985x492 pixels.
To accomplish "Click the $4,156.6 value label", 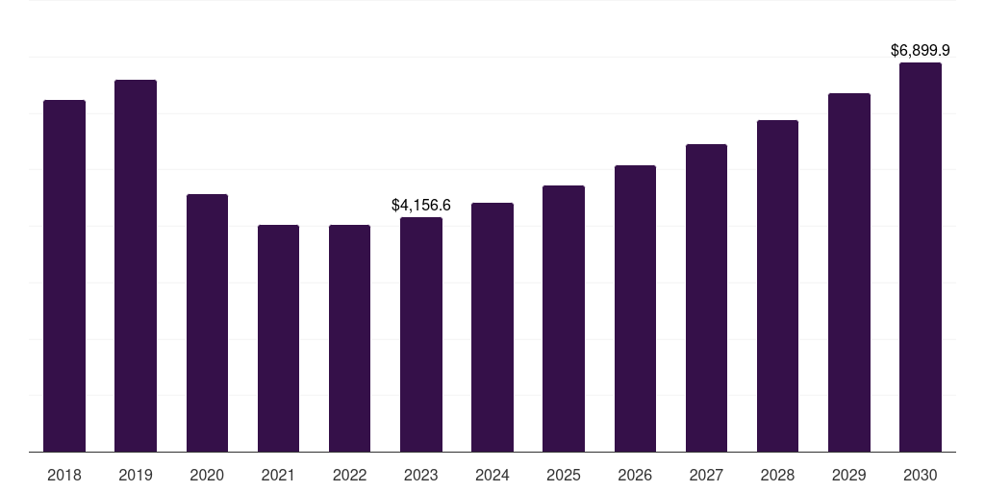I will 421,205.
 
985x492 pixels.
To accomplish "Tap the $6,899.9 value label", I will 921,49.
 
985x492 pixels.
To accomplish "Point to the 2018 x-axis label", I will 64,475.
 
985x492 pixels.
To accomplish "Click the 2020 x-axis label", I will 207,475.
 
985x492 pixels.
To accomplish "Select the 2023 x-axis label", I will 421,475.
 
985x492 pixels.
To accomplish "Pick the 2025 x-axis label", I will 564,475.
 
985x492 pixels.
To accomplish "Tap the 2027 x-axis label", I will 706,475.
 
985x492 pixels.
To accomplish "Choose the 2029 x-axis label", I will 849,475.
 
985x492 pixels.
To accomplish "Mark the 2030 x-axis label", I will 921,475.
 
